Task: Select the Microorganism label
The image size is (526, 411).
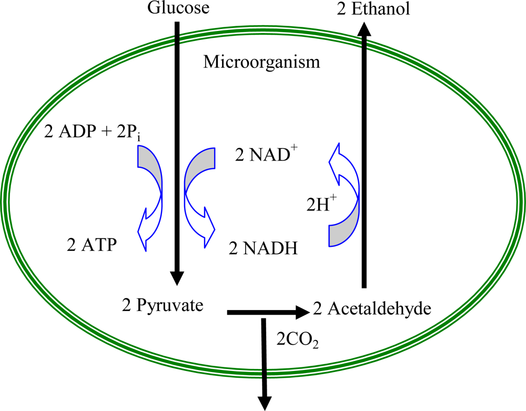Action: click(261, 63)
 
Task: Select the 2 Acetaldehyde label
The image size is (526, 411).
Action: click(372, 308)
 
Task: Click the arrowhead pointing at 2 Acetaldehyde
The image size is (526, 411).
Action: click(302, 312)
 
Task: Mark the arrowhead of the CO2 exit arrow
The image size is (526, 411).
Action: click(262, 401)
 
